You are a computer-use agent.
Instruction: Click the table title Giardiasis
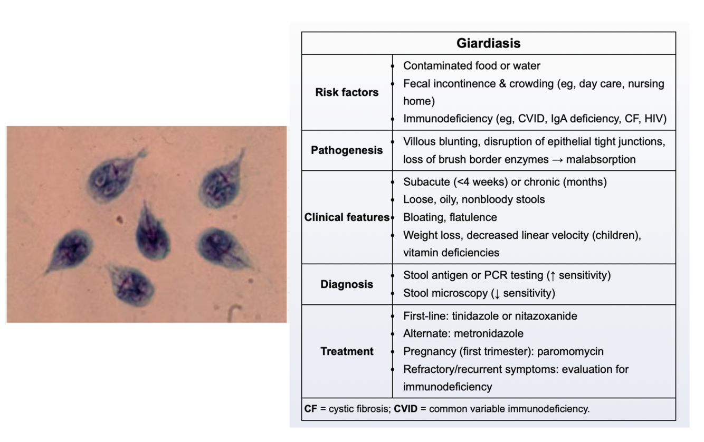click(x=488, y=43)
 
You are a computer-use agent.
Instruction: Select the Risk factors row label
click(x=347, y=92)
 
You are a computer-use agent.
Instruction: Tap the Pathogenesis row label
click(x=347, y=150)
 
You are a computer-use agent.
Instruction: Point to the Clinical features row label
click(x=347, y=217)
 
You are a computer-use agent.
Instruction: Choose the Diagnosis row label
click(x=347, y=284)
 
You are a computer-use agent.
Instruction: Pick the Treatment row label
click(x=347, y=351)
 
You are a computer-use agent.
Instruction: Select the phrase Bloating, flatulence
click(x=450, y=217)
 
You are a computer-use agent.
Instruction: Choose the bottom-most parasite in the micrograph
click(x=132, y=285)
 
